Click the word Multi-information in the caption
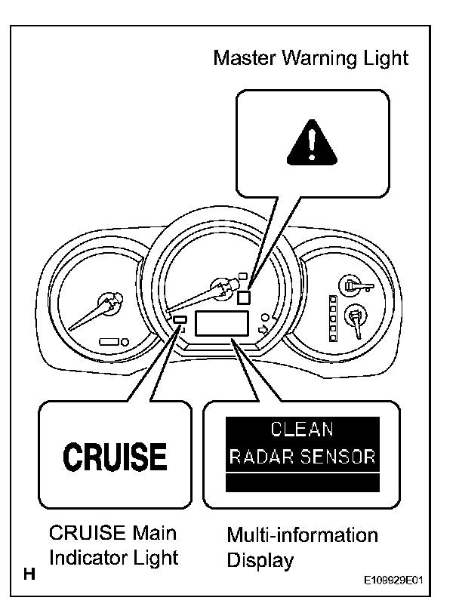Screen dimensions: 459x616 coord(302,535)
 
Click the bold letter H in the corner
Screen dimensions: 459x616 coord(30,575)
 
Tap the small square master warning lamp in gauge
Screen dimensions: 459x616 coord(243,297)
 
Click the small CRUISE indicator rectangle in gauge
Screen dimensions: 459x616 coord(180,320)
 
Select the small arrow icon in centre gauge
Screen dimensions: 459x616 coord(263,330)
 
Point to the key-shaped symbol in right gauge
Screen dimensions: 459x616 coord(353,285)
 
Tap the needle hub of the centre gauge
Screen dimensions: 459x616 coord(222,286)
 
